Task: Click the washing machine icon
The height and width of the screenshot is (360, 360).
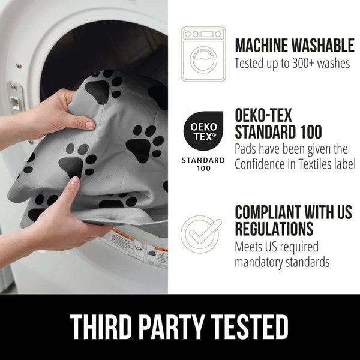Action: pyautogui.click(x=203, y=54)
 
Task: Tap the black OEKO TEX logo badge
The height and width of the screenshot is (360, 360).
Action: pyautogui.click(x=203, y=131)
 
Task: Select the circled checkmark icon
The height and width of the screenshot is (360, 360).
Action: pyautogui.click(x=202, y=234)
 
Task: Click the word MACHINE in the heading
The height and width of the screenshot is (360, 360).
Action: pyautogui.click(x=262, y=46)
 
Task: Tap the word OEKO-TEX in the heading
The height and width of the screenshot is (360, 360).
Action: pyautogui.click(x=263, y=115)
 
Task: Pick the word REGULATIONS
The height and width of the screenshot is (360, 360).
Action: pyautogui.click(x=274, y=229)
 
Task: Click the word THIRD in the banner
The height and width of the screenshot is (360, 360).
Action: pyautogui.click(x=101, y=326)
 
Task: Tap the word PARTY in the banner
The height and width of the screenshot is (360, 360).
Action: pyautogui.click(x=172, y=326)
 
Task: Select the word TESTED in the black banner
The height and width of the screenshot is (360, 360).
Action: pyautogui.click(x=250, y=326)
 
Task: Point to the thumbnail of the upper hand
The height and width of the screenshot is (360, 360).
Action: pyautogui.click(x=90, y=126)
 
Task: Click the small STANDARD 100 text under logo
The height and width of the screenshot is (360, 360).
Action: pyautogui.click(x=203, y=164)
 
